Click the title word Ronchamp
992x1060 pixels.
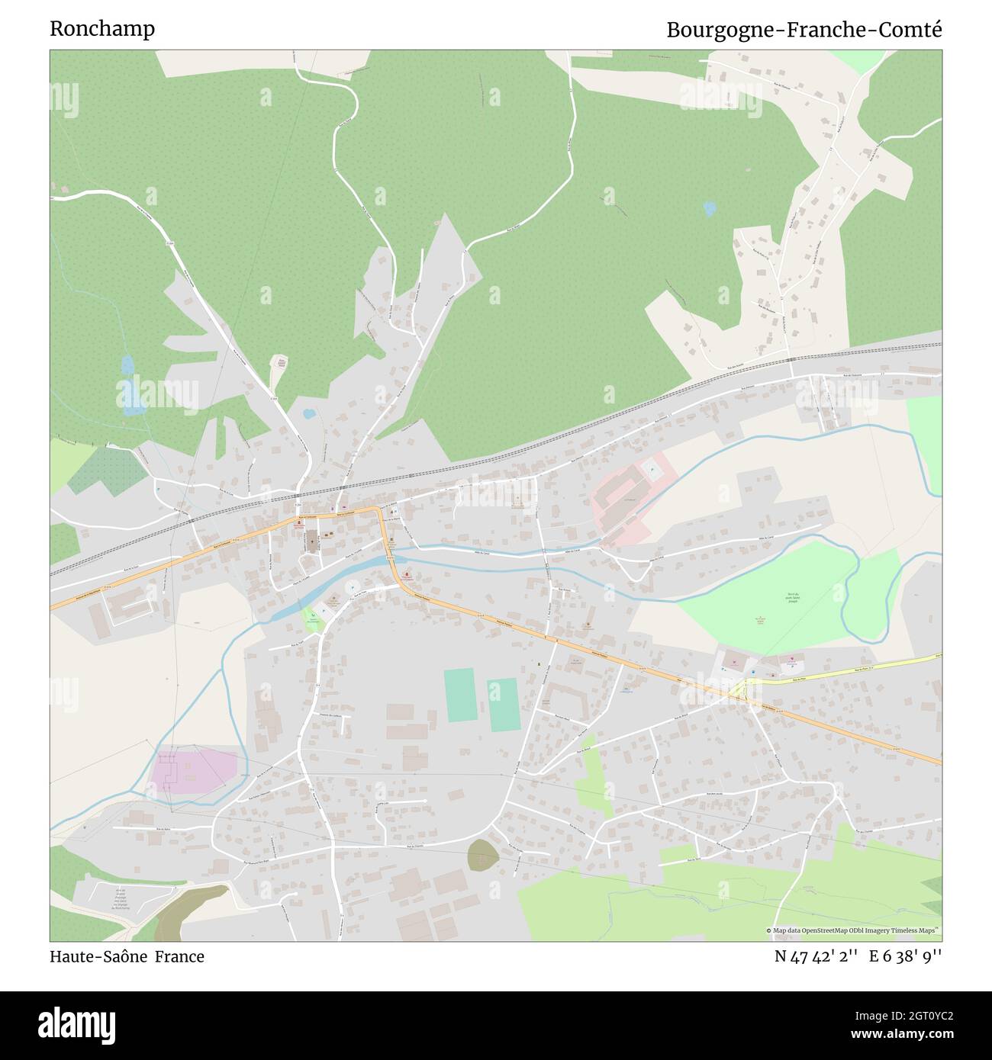tap(102, 29)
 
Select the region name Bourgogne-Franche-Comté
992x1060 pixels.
tap(804, 30)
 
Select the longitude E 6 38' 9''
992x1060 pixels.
tap(908, 956)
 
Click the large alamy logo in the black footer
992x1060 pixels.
tap(77, 1023)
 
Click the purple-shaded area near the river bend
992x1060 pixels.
tap(195, 769)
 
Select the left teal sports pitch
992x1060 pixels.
tap(459, 695)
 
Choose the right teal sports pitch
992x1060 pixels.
tap(503, 705)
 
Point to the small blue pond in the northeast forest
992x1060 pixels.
tap(710, 207)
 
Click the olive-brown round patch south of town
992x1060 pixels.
tap(482, 855)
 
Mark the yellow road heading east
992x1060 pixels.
tap(847, 670)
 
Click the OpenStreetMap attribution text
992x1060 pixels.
tap(853, 930)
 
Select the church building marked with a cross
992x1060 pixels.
tap(312, 542)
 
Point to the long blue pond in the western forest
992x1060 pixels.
tap(131, 387)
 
